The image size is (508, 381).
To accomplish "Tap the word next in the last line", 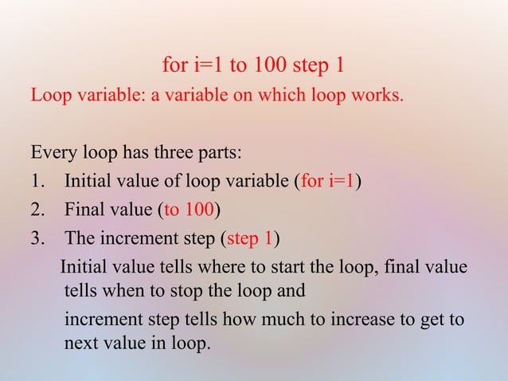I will point(81,345).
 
